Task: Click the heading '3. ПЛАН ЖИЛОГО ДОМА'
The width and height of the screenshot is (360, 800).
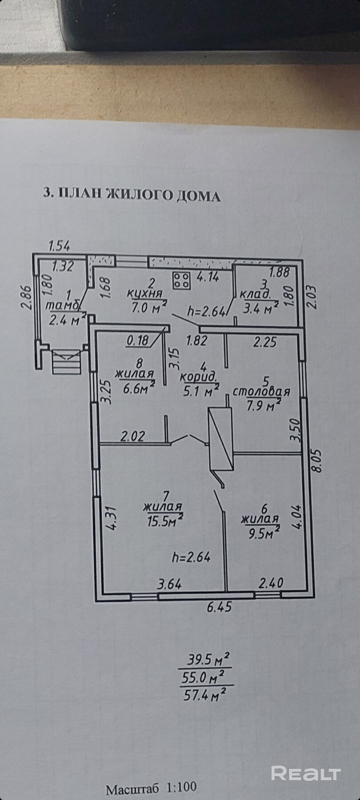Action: click(132, 195)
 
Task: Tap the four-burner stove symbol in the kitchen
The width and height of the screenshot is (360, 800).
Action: click(181, 280)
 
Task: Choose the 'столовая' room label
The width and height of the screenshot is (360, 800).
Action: click(262, 392)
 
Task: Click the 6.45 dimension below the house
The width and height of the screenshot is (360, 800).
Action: click(219, 607)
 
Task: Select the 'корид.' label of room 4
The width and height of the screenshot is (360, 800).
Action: click(199, 378)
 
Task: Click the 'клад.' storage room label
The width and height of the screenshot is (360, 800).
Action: click(255, 295)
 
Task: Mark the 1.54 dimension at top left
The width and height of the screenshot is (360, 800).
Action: click(59, 245)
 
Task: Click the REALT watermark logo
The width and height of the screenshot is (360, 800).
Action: click(306, 773)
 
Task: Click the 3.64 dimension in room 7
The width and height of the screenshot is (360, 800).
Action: click(170, 583)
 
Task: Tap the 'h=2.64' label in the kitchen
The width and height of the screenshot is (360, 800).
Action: click(207, 312)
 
